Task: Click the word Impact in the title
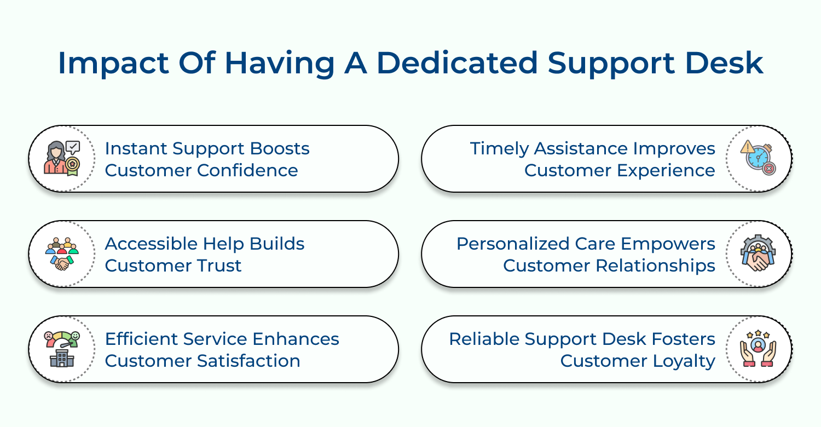click(x=113, y=64)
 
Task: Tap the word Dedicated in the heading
click(x=457, y=63)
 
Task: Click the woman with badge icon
click(x=62, y=158)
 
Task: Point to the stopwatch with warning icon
click(x=758, y=158)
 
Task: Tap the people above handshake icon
click(x=62, y=253)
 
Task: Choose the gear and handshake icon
click(x=758, y=253)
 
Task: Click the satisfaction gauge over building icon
click(x=62, y=349)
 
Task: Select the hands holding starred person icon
click(x=758, y=349)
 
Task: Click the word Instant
click(x=136, y=148)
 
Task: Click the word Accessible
click(x=152, y=244)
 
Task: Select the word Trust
click(x=219, y=266)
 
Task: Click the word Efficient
click(x=141, y=339)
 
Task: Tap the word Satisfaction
click(x=248, y=361)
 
